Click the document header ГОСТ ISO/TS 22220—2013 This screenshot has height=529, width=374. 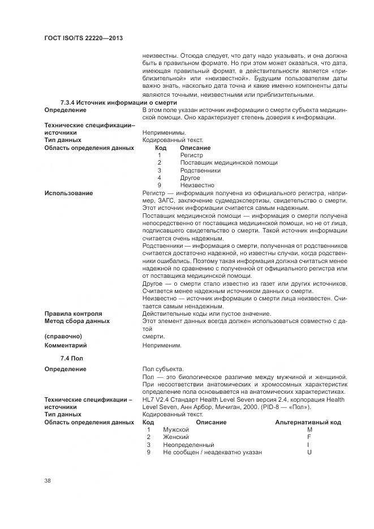[84, 37]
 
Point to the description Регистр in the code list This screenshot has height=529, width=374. [191, 155]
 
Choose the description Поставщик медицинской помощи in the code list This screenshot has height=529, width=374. [229, 162]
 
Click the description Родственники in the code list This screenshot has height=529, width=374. [200, 170]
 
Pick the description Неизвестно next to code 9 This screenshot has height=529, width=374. [197, 185]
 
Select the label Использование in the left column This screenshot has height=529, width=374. [68, 193]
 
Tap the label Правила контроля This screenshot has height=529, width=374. [73, 313]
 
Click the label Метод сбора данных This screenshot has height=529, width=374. [77, 321]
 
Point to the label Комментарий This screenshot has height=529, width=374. [66, 345]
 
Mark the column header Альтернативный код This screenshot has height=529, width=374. [308, 422]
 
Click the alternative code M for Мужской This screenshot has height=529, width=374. [309, 430]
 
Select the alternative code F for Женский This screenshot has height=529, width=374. [309, 437]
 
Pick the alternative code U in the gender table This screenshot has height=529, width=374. [309, 452]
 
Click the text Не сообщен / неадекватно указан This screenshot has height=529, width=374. [212, 452]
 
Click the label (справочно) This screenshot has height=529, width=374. [63, 336]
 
